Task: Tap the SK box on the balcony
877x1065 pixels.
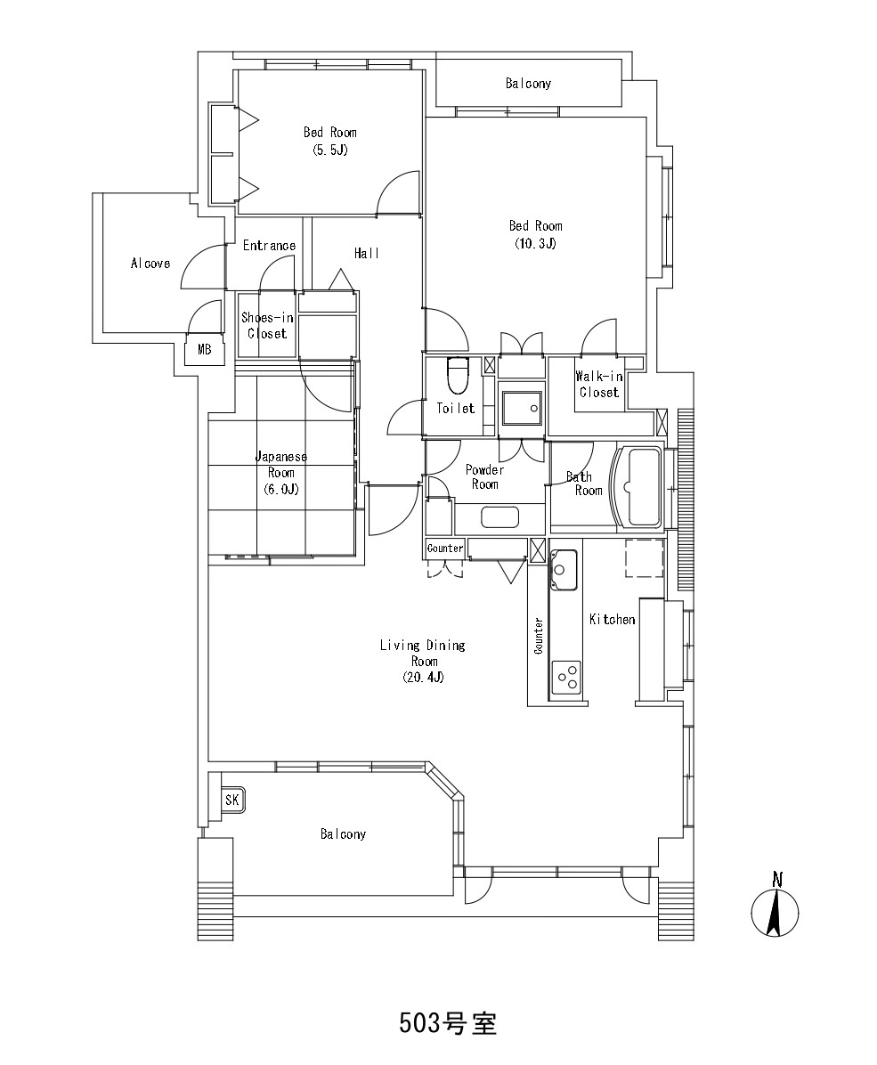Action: click(x=231, y=800)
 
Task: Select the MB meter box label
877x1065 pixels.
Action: click(x=205, y=351)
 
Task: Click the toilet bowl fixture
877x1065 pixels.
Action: click(x=458, y=376)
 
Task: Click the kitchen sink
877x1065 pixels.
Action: click(x=564, y=570)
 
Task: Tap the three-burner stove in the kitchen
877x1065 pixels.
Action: click(x=566, y=678)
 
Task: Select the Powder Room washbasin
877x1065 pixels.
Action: click(x=499, y=516)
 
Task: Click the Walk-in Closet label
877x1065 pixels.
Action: click(x=598, y=385)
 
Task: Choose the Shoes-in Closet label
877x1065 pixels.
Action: click(x=267, y=325)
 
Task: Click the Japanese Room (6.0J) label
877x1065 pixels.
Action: click(x=280, y=473)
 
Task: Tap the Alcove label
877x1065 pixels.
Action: click(x=150, y=264)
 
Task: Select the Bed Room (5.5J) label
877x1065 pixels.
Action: click(x=329, y=141)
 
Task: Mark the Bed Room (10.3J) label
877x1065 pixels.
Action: click(x=535, y=234)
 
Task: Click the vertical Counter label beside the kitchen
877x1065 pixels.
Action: click(x=539, y=636)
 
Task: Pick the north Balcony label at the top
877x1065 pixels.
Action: click(x=528, y=84)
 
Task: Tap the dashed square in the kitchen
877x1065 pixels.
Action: click(x=644, y=557)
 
